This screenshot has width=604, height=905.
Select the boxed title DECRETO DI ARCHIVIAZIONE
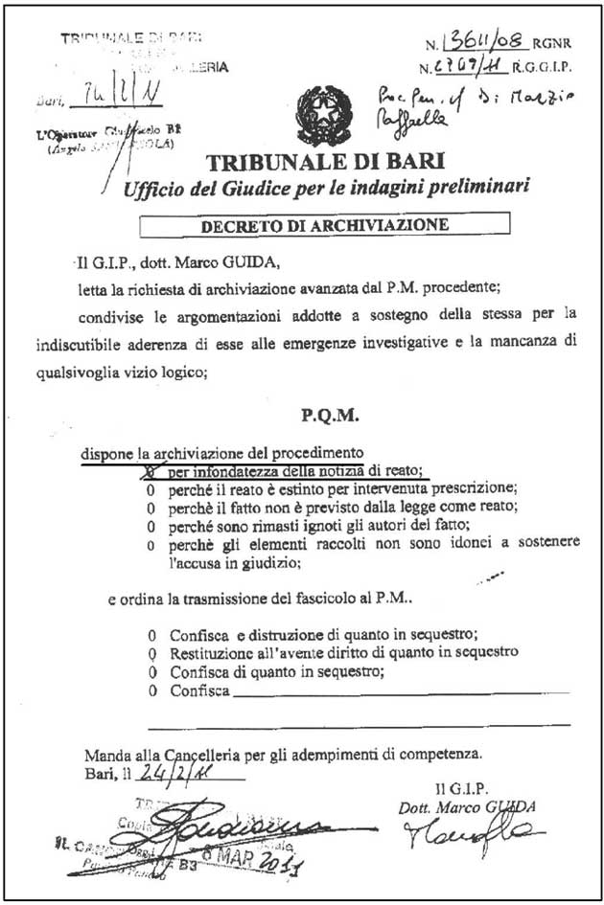point(323,226)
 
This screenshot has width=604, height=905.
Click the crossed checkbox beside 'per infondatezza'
point(149,471)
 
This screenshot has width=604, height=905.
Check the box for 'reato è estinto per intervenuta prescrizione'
point(149,488)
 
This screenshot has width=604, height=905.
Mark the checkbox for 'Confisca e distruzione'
point(151,635)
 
